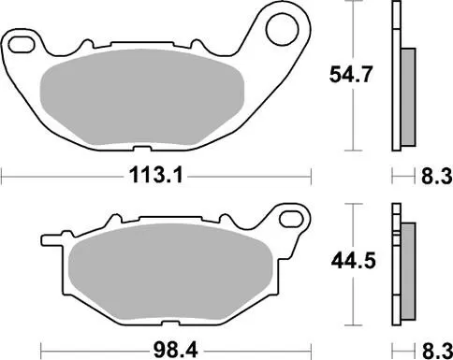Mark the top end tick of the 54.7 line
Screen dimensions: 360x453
[x=351, y=3]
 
